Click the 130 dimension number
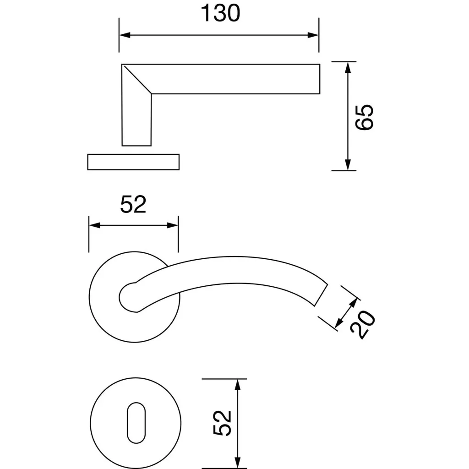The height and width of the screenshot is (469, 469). [x=220, y=13]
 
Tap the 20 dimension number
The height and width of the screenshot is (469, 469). [x=362, y=325]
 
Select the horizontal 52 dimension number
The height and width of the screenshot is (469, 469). [x=133, y=204]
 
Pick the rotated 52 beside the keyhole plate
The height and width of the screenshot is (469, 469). [x=222, y=423]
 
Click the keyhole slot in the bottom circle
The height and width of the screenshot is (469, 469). [x=136, y=423]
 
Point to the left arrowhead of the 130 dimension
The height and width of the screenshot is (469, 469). [x=125, y=35]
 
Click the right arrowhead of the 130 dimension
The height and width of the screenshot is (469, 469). [x=313, y=35]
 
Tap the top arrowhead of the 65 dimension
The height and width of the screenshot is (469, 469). [x=347, y=67]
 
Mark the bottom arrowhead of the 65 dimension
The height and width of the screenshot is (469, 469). [x=347, y=165]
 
